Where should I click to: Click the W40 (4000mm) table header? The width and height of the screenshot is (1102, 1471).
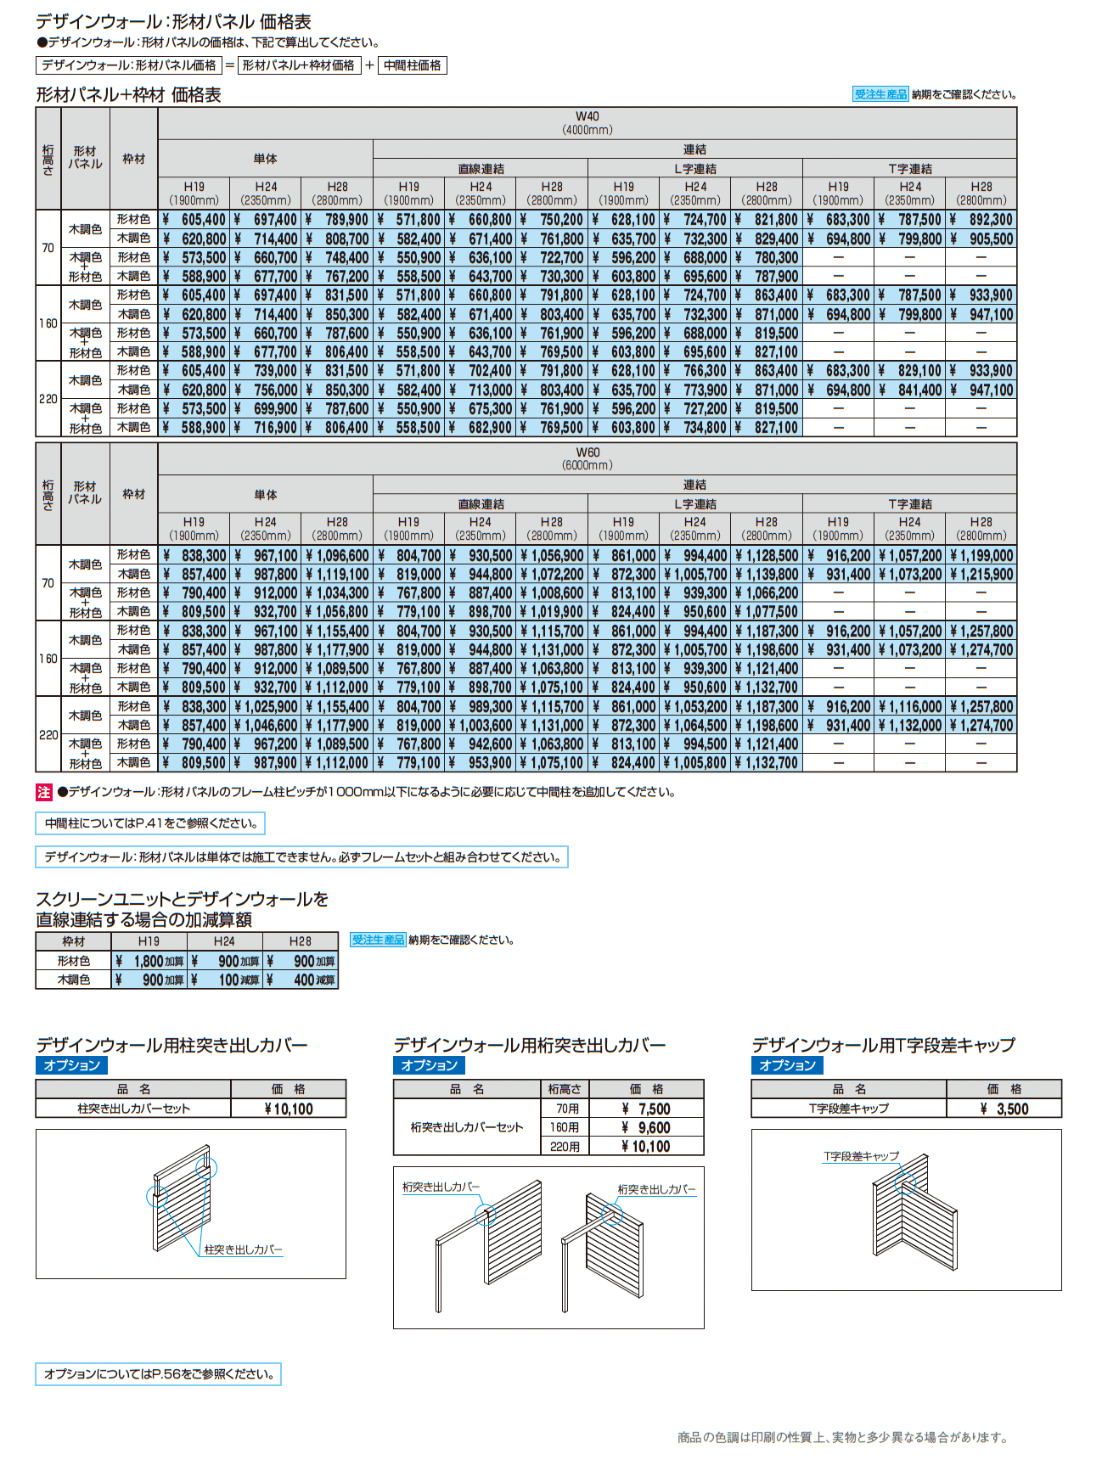tap(587, 122)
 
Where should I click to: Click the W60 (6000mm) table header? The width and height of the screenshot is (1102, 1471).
tap(587, 458)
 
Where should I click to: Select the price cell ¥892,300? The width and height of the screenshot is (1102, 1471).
tap(981, 220)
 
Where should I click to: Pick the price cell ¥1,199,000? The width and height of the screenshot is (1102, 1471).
tap(981, 556)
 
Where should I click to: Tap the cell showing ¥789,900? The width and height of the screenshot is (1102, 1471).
tap(337, 220)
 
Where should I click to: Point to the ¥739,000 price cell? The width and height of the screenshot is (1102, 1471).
tap(266, 371)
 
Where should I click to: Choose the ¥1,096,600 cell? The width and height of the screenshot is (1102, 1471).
tap(337, 556)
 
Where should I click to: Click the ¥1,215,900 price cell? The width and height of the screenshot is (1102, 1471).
tap(981, 575)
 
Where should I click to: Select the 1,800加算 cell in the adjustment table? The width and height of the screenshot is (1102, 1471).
tap(149, 961)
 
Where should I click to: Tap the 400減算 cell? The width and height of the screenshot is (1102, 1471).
tap(301, 980)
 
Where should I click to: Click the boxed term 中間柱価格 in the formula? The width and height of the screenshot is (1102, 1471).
tap(413, 65)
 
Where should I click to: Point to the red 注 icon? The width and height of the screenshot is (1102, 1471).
tap(44, 792)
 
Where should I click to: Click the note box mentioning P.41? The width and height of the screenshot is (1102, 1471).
tap(150, 823)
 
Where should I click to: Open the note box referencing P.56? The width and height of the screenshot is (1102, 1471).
tap(158, 1374)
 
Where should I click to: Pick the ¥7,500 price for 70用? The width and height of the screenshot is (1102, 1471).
tap(646, 1109)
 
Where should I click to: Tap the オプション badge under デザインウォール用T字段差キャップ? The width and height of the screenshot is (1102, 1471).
tap(787, 1065)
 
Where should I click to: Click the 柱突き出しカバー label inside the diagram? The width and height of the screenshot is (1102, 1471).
tap(243, 1249)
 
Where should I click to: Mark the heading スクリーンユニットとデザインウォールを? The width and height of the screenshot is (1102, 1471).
tap(182, 899)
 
